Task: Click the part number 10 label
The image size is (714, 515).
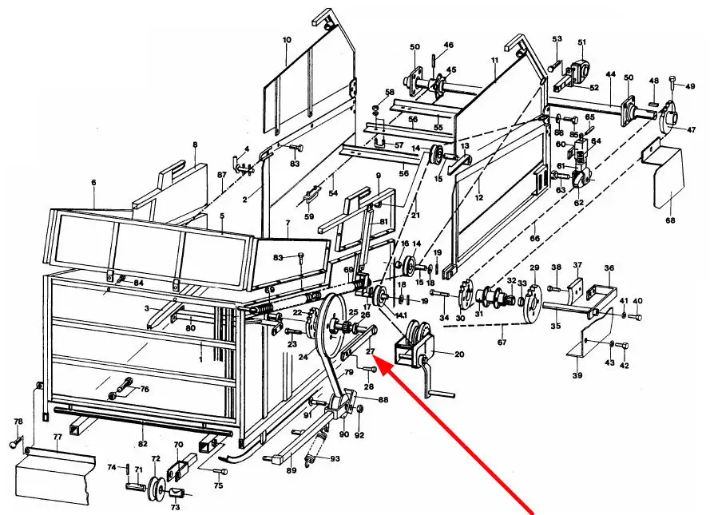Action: click(287, 40)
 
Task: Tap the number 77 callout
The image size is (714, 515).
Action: click(58, 438)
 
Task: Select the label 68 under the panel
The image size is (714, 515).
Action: click(670, 220)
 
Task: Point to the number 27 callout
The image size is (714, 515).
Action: click(370, 351)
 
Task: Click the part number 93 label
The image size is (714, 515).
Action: click(335, 458)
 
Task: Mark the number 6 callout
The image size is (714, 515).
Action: click(93, 183)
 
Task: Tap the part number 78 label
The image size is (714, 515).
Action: click(18, 421)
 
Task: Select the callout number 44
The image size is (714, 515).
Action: click(610, 74)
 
